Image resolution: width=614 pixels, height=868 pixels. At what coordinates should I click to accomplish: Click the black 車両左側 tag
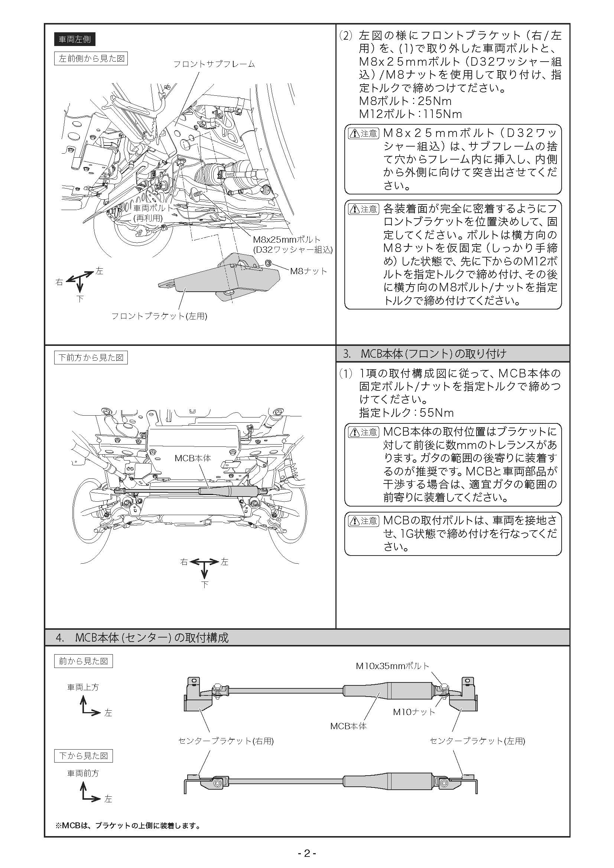75,39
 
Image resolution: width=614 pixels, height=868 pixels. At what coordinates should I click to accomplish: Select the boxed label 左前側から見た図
91,59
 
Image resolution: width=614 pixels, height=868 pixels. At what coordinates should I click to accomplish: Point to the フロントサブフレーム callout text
214,64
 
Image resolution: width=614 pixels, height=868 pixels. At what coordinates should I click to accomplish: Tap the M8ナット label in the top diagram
308,271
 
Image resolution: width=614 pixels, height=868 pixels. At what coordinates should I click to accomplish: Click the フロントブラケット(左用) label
159,316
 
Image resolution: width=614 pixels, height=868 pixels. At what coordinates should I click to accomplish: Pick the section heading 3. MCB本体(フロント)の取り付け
424,354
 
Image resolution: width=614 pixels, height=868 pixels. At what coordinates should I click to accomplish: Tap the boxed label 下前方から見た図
91,358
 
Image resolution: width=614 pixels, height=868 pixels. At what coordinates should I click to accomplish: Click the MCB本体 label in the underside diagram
192,458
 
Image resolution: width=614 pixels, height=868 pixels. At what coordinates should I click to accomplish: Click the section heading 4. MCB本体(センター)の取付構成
142,638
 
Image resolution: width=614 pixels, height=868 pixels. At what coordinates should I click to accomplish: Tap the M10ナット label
414,712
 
